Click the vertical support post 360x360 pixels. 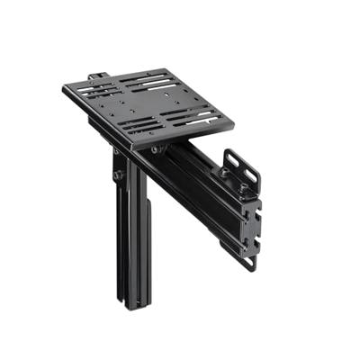(130, 234)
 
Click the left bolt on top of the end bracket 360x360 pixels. (222, 172)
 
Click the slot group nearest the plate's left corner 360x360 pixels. (100, 91)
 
